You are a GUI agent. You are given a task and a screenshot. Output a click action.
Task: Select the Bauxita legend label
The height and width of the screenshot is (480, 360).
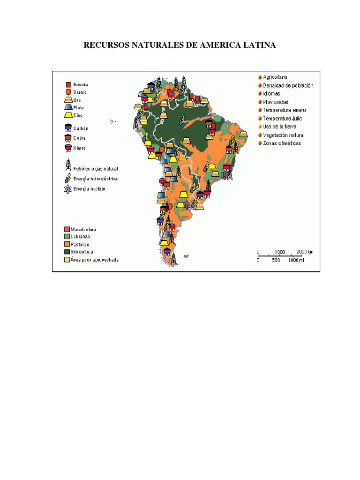click(81, 85)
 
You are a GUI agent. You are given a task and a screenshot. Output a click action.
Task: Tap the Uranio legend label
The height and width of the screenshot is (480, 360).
click(80, 92)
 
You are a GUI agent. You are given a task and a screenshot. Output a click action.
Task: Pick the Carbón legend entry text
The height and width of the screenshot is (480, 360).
click(81, 128)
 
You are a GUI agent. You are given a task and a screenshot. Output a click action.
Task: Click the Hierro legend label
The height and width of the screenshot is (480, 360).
click(80, 148)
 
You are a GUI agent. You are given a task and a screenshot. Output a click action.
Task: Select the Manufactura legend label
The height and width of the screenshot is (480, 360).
click(83, 229)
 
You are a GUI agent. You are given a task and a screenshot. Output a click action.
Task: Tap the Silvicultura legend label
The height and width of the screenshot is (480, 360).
click(83, 252)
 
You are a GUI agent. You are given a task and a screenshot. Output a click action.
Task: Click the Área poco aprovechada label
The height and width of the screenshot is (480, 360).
click(94, 260)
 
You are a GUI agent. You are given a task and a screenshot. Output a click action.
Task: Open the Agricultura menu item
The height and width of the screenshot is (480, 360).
click(275, 77)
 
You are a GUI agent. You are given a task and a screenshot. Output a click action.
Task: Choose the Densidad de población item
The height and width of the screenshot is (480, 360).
click(288, 85)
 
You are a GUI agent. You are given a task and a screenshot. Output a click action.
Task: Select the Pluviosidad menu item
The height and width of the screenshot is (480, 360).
click(276, 102)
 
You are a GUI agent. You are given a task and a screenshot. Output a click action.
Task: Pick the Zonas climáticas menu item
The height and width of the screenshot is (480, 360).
click(282, 143)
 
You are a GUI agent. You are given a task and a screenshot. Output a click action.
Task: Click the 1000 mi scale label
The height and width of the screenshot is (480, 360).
click(296, 260)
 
